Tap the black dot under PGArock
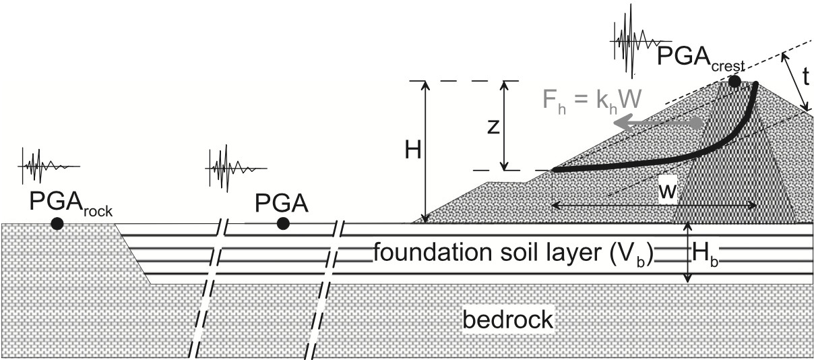click(57, 224)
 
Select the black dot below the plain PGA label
click(283, 224)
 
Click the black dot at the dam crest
click(734, 82)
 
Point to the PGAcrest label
click(700, 58)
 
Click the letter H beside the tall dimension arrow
click(413, 150)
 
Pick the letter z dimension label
click(493, 127)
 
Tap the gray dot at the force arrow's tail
click(696, 123)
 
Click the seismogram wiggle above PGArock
click(49, 165)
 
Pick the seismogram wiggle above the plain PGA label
click(236, 168)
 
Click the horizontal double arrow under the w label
click(654, 206)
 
